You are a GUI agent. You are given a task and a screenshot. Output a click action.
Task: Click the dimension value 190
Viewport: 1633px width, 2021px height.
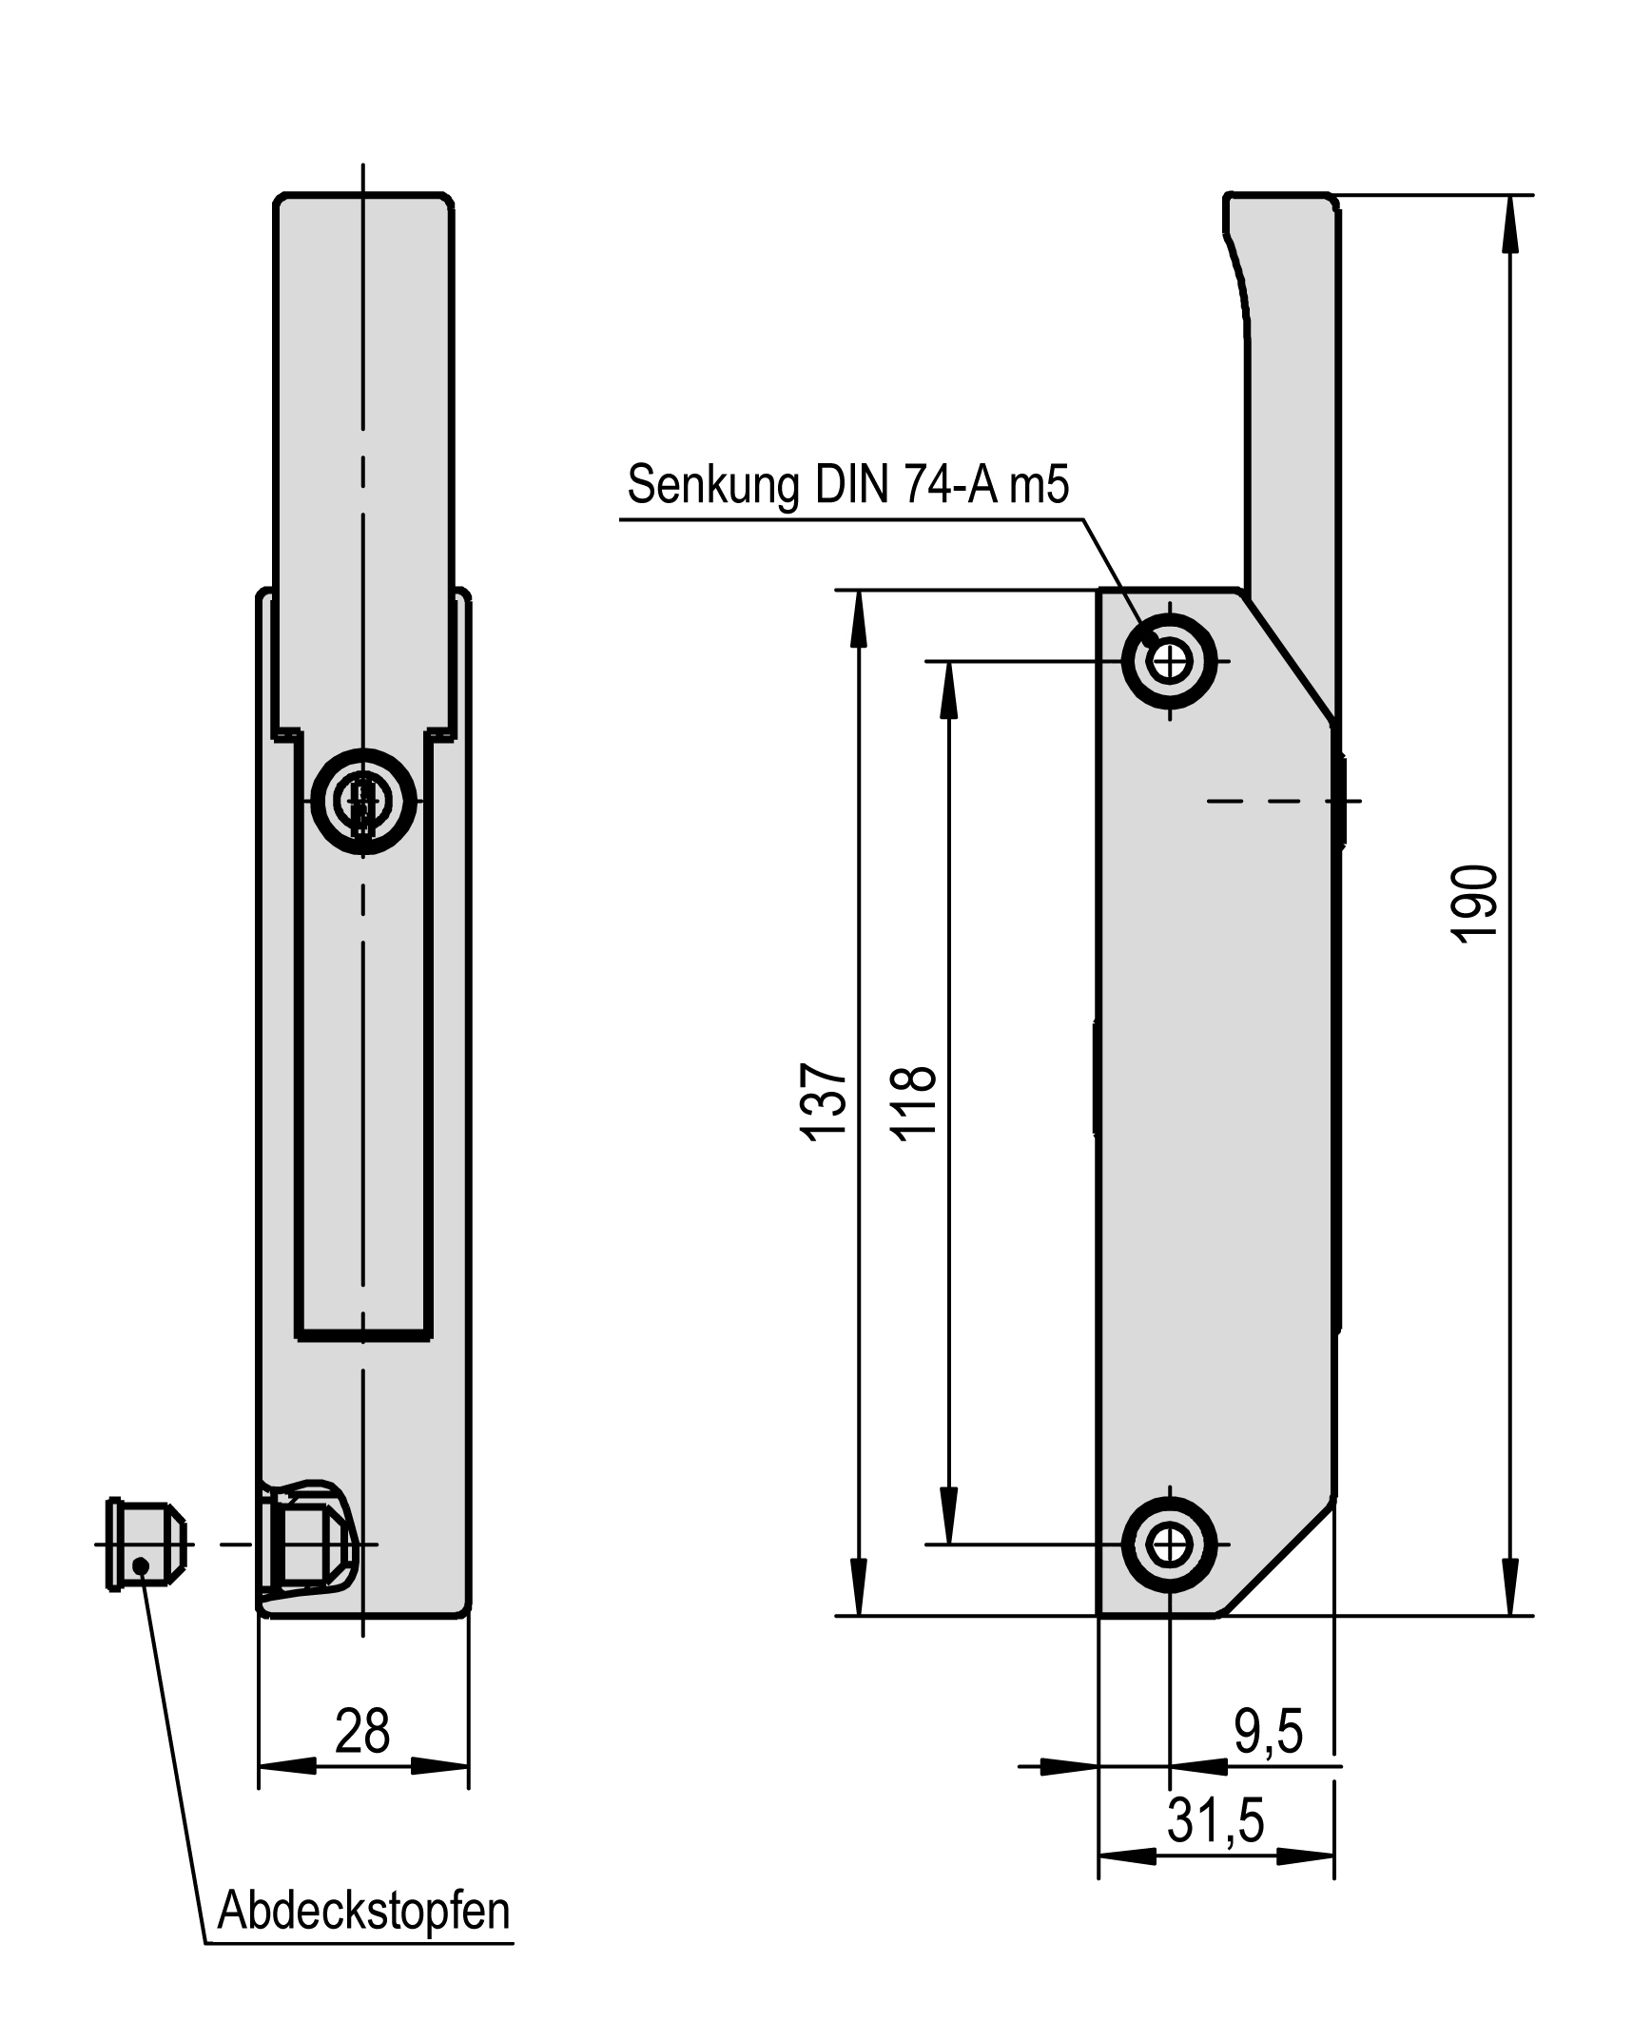(x=1473, y=904)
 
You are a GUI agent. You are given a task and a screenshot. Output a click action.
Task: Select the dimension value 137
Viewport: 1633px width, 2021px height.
(x=824, y=1100)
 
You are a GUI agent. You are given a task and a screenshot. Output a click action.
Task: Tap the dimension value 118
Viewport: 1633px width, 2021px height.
(x=914, y=1100)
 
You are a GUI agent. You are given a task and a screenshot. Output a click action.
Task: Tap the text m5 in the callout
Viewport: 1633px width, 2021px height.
(x=1039, y=485)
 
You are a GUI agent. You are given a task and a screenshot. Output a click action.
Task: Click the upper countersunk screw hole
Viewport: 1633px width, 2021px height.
(x=1169, y=660)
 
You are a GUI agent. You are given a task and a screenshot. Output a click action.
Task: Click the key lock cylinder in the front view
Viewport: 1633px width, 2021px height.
(x=363, y=801)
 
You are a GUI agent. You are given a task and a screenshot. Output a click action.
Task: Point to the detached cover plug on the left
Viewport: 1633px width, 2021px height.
(x=143, y=1544)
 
